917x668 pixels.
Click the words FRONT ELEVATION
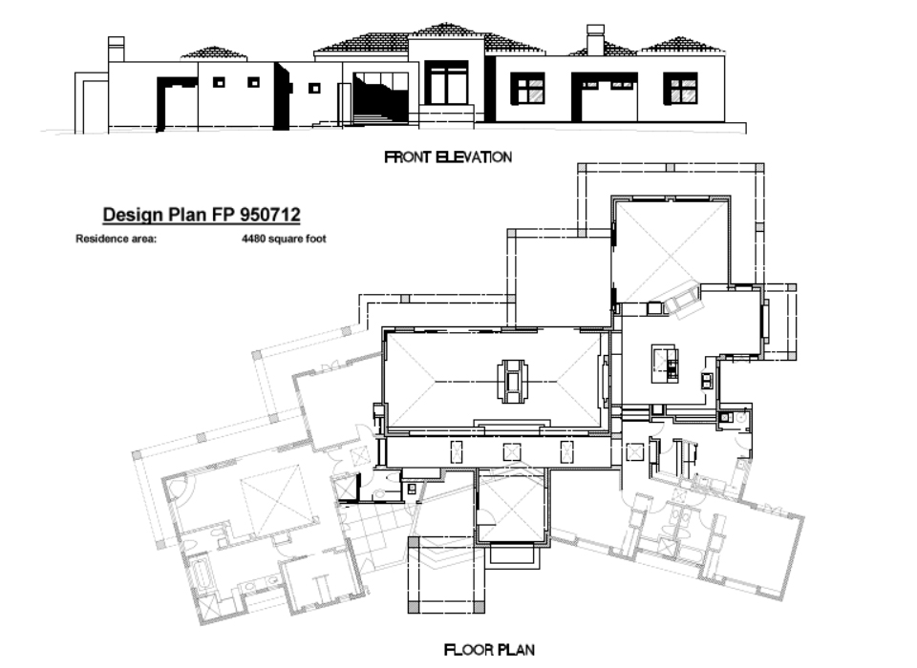pos(448,157)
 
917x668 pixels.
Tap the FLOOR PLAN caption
pos(489,649)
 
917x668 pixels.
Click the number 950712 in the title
pos(269,215)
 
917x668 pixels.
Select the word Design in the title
pos(133,215)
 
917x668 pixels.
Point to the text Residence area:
pos(116,239)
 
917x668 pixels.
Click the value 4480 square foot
pos(284,239)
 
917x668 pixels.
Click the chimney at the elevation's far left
pos(116,49)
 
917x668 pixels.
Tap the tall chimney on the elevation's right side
pos(595,40)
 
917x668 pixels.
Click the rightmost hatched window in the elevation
pos(681,88)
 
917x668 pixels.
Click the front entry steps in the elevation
pos(446,115)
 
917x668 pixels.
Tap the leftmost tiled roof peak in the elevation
pos(214,52)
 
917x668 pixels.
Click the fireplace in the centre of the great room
pos(512,382)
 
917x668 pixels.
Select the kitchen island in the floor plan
pos(665,364)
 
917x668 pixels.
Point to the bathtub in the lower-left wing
pos(203,575)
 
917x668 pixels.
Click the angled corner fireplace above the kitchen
pos(682,298)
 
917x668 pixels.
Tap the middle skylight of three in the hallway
pos(511,452)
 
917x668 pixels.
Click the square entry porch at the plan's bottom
pos(446,575)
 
